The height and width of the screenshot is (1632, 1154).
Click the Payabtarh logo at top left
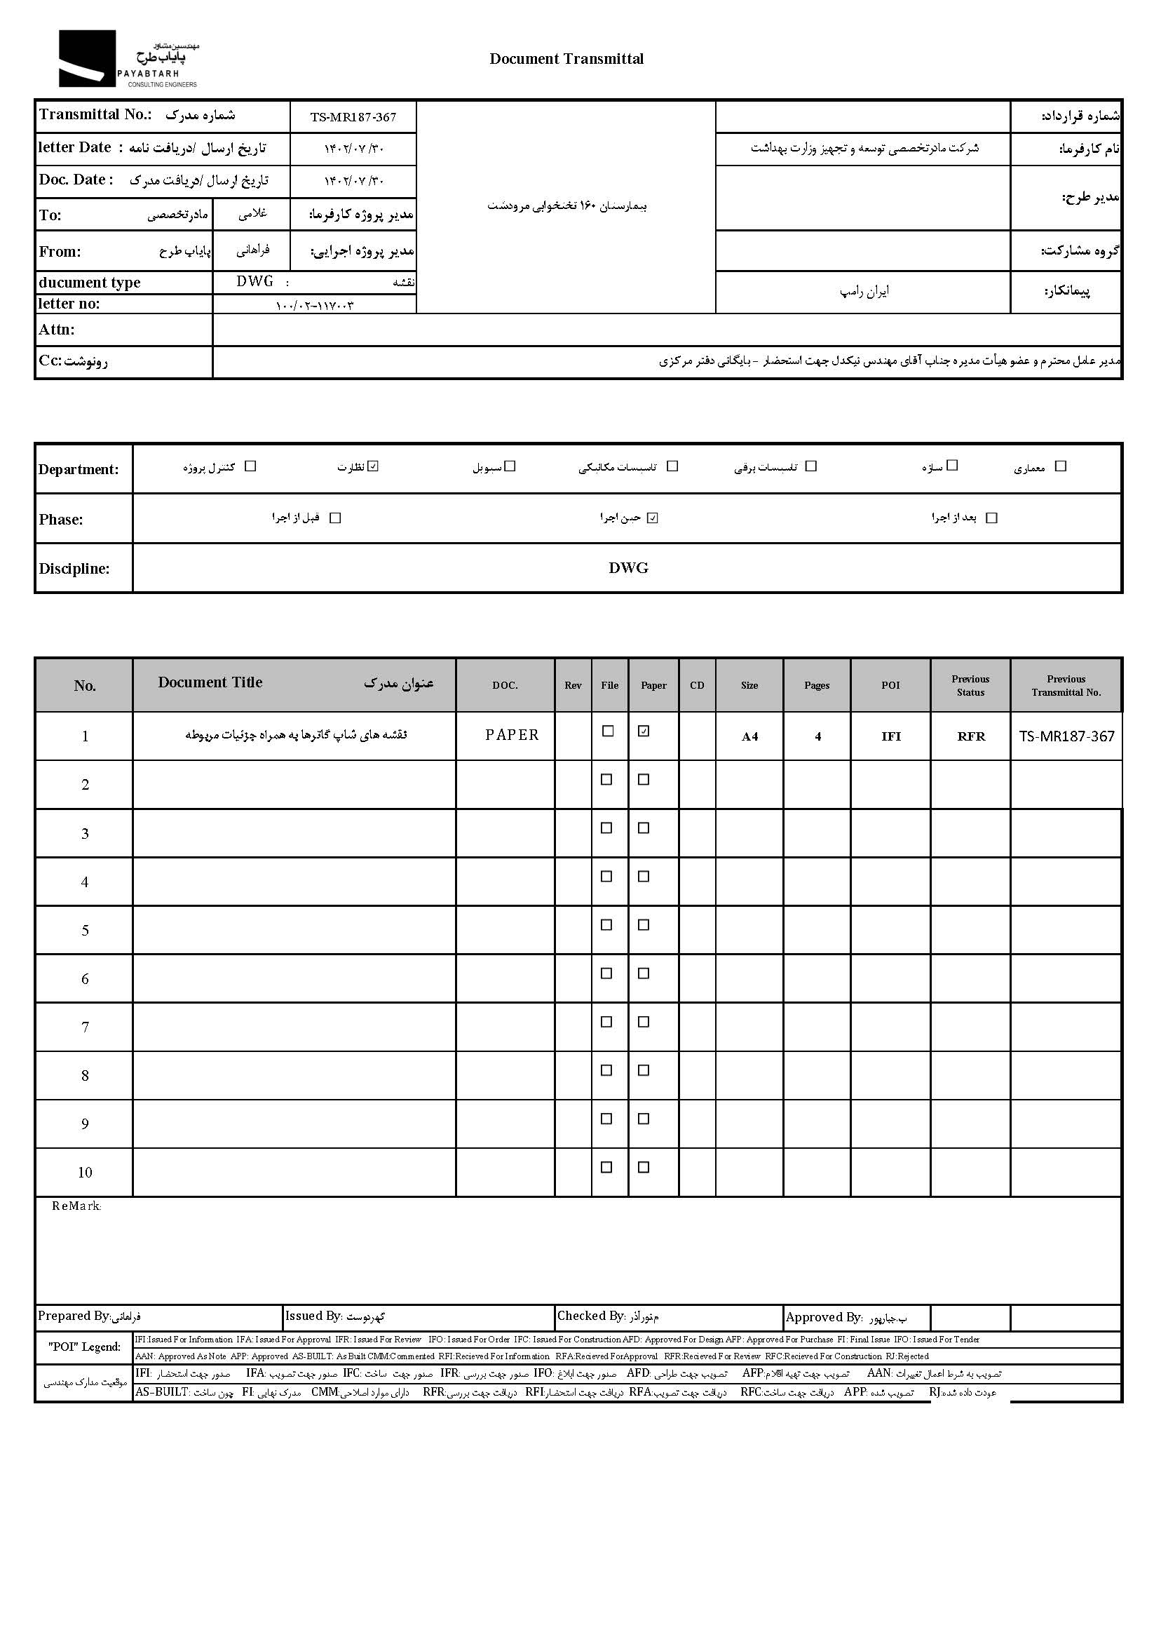click(x=128, y=59)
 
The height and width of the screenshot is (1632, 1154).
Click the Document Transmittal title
click(x=566, y=59)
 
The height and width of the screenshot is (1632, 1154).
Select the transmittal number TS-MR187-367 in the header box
click(x=353, y=117)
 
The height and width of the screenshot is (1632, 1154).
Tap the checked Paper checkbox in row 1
click(x=644, y=731)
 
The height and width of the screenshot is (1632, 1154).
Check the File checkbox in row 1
click(x=608, y=731)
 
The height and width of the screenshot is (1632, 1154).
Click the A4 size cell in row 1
click(x=749, y=736)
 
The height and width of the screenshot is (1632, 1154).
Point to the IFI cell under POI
click(x=890, y=736)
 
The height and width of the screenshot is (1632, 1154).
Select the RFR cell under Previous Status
click(x=971, y=736)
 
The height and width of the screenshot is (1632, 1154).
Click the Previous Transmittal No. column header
click(x=1066, y=685)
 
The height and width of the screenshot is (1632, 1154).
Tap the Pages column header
click(x=817, y=685)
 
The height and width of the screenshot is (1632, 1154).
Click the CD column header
click(x=697, y=685)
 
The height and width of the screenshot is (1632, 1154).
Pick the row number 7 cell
click(x=85, y=1027)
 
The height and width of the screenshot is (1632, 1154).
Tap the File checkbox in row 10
click(x=607, y=1167)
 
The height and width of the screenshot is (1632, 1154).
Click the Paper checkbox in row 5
click(x=644, y=925)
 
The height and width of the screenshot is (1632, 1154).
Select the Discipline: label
click(x=74, y=569)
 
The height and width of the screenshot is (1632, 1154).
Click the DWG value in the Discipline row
click(x=628, y=568)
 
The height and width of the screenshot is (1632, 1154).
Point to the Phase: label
click(x=61, y=520)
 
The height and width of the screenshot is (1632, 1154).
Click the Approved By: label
click(x=824, y=1317)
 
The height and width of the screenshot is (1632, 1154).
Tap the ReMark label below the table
click(x=76, y=1206)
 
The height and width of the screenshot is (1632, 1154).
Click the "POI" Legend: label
click(x=85, y=1347)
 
